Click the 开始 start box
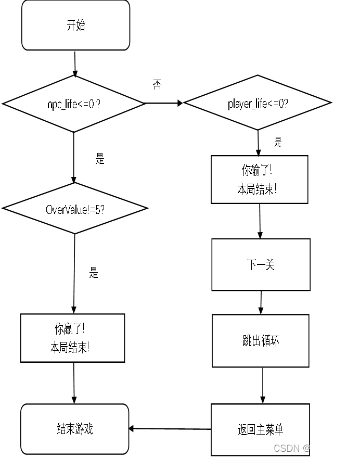[x=75, y=25]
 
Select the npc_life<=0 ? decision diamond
[x=74, y=104]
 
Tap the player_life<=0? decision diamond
[x=258, y=103]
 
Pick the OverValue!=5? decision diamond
[x=75, y=209]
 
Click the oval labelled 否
[x=157, y=62]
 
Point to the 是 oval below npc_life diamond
[x=97, y=159]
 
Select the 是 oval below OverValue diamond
[x=91, y=272]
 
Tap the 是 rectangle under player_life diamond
[x=290, y=141]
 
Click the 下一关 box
[x=261, y=264]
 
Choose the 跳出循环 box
[x=260, y=340]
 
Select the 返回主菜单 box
[x=260, y=429]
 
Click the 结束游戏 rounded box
[x=74, y=428]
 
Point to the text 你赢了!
[x=70, y=329]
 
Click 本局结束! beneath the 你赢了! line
[x=70, y=348]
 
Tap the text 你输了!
[x=258, y=170]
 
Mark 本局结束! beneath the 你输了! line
[x=257, y=189]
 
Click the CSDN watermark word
[x=285, y=448]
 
